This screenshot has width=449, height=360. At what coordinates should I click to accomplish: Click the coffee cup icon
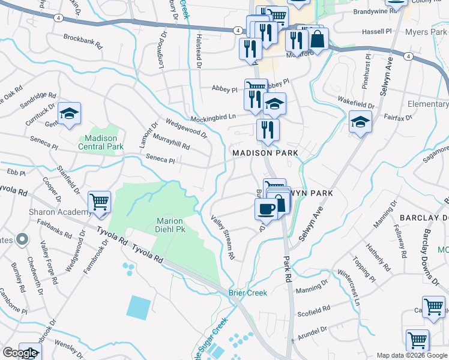(x=265, y=208)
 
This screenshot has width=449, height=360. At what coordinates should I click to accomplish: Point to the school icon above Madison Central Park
(x=69, y=113)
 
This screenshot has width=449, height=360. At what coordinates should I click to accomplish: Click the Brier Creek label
(x=247, y=293)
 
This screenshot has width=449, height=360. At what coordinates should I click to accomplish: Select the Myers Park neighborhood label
(x=427, y=32)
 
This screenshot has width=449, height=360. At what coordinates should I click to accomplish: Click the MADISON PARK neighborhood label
(x=265, y=154)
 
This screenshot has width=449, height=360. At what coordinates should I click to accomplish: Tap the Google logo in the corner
(x=20, y=353)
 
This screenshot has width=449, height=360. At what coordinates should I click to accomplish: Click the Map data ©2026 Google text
(x=412, y=355)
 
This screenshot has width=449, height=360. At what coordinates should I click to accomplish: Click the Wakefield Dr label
(x=355, y=103)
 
